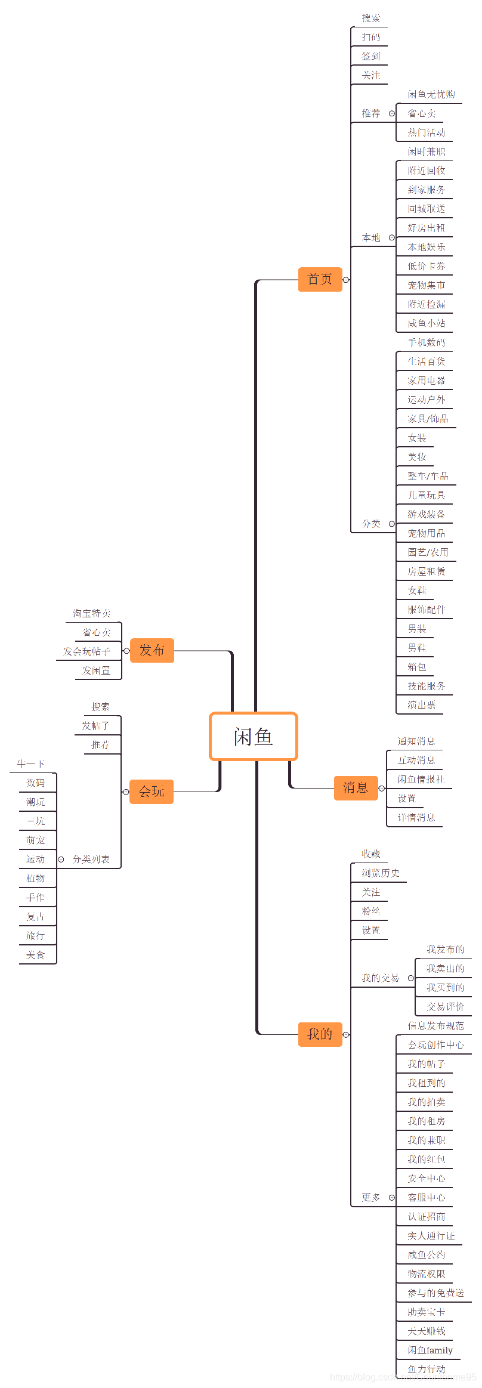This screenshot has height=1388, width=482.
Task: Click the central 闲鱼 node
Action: pyautogui.click(x=253, y=737)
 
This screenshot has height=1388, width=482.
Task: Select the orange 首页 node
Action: pyautogui.click(x=320, y=279)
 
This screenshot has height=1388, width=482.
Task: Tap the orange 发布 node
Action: pyautogui.click(x=152, y=650)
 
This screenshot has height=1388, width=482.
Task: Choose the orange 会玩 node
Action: pyautogui.click(x=151, y=792)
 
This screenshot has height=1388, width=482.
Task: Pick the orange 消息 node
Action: pyautogui.click(x=356, y=788)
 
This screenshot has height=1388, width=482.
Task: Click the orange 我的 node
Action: pyautogui.click(x=320, y=1034)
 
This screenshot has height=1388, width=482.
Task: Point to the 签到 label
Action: pyautogui.click(x=370, y=56)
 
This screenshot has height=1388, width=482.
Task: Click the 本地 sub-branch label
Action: pyautogui.click(x=370, y=237)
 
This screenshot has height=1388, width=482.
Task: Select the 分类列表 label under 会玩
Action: pyautogui.click(x=91, y=860)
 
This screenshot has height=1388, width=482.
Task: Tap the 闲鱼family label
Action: pyautogui.click(x=430, y=1350)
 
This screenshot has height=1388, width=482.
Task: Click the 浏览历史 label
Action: pyautogui.click(x=380, y=873)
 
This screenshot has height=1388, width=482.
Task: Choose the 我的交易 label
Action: pyautogui.click(x=380, y=978)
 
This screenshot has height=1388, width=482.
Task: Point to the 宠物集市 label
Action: pyautogui.click(x=426, y=285)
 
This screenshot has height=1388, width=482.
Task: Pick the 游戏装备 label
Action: pyautogui.click(x=426, y=514)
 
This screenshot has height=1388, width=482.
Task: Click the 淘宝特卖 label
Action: pyautogui.click(x=92, y=613)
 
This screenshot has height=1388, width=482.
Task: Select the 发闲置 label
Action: pyautogui.click(x=96, y=670)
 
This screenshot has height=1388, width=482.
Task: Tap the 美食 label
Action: pyautogui.click(x=35, y=955)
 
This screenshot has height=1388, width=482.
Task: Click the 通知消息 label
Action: pyautogui.click(x=416, y=741)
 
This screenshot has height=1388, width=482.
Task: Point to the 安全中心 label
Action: pyautogui.click(x=426, y=1179)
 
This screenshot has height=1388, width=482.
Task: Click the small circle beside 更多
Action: pyautogui.click(x=392, y=1198)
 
